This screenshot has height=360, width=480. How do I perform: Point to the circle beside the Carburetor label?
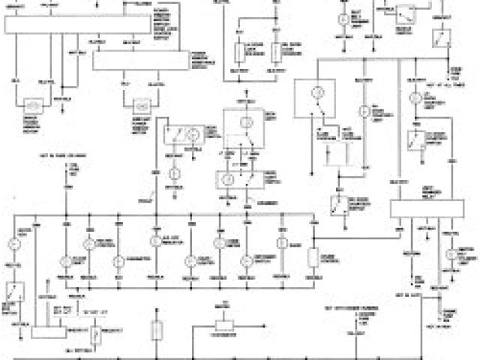coord(118,260)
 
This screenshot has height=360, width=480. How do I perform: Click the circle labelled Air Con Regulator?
coord(155,241)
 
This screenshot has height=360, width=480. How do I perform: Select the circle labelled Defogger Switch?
coord(245,260)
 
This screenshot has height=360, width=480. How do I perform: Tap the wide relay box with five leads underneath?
coord(424,209)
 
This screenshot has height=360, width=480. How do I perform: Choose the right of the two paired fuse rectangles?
coord(275,52)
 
